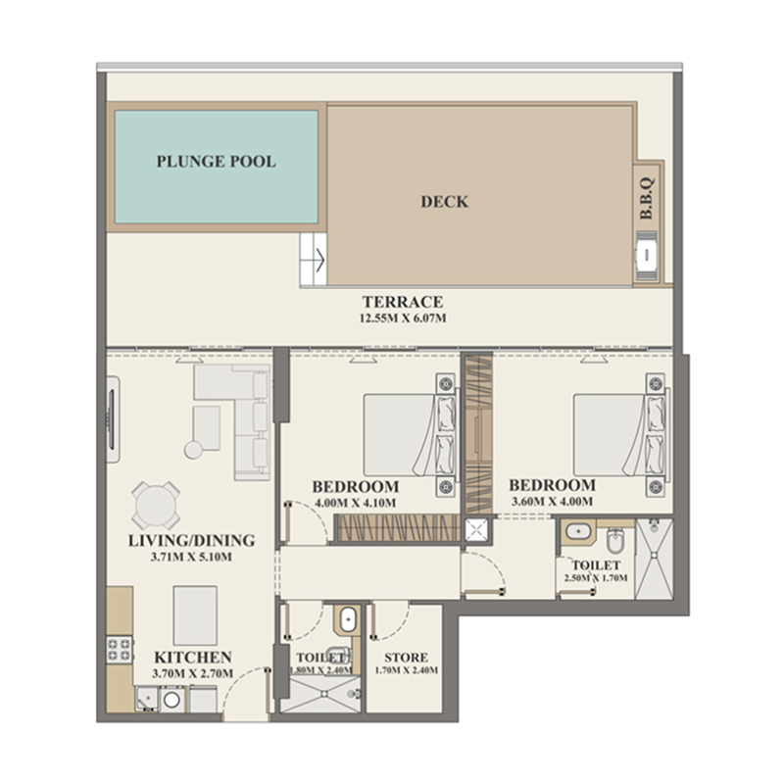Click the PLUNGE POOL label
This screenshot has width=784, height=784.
click(x=216, y=162)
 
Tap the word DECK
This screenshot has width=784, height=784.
click(x=444, y=202)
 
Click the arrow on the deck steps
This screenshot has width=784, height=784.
click(x=317, y=262)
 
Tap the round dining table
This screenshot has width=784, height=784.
click(x=157, y=507)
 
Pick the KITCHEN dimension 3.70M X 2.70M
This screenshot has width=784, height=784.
click(x=192, y=674)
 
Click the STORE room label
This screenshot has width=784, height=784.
click(x=405, y=657)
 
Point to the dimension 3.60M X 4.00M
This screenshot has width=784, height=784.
click(x=554, y=503)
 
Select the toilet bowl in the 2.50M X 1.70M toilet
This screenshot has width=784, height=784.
click(x=613, y=540)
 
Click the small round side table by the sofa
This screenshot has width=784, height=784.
click(x=192, y=449)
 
